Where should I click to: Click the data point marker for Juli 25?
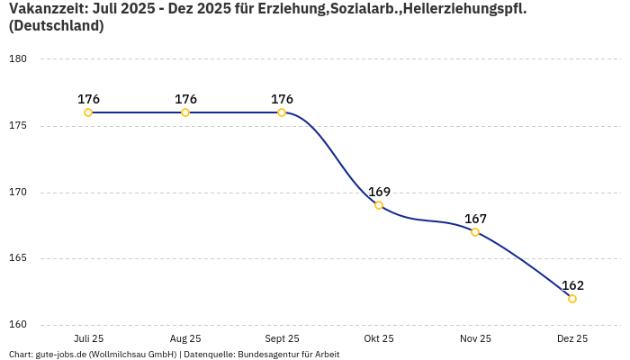point(88,112)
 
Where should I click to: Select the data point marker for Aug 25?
point(185,112)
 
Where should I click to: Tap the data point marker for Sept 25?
point(282,112)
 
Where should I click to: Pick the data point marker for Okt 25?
point(379,205)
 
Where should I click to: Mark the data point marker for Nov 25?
point(475,232)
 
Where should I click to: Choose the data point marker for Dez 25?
point(572,299)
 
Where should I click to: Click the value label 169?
point(379,192)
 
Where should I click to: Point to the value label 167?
point(475,219)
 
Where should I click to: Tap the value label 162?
point(572,285)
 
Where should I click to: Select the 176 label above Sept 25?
point(282,99)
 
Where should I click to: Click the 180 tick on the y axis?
point(18,59)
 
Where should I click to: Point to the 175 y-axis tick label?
point(18,126)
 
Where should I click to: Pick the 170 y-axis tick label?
point(18,193)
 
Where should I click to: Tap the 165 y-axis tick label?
point(18,258)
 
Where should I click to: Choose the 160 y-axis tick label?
point(18,325)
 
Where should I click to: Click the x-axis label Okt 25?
point(379,338)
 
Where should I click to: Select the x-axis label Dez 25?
point(572,338)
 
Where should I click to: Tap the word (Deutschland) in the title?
point(56,26)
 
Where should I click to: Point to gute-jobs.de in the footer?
point(60,355)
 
